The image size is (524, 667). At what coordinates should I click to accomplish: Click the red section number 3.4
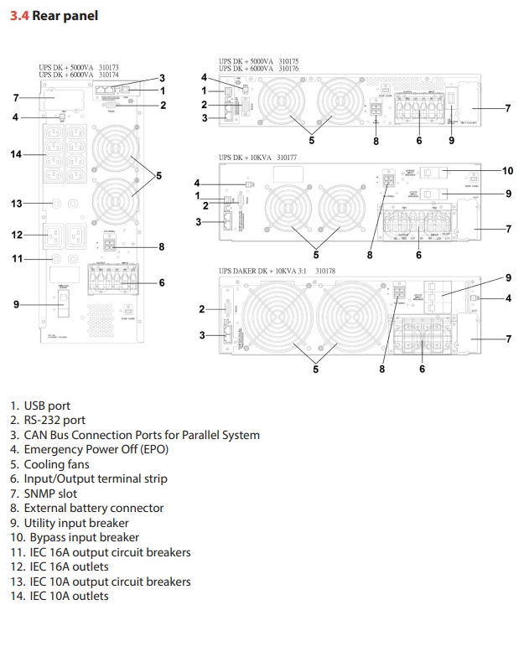19,16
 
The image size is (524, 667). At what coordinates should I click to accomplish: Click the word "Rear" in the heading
52,16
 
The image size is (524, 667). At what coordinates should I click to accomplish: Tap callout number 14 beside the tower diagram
16,154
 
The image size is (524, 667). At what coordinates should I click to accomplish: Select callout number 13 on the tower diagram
16,203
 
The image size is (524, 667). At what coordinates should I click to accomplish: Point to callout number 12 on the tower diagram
16,235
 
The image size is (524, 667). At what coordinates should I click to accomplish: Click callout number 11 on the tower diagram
16,259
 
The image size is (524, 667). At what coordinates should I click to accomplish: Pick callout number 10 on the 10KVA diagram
507,170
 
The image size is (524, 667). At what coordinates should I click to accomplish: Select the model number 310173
108,66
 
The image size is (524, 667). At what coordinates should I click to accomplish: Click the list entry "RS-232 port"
54,420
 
